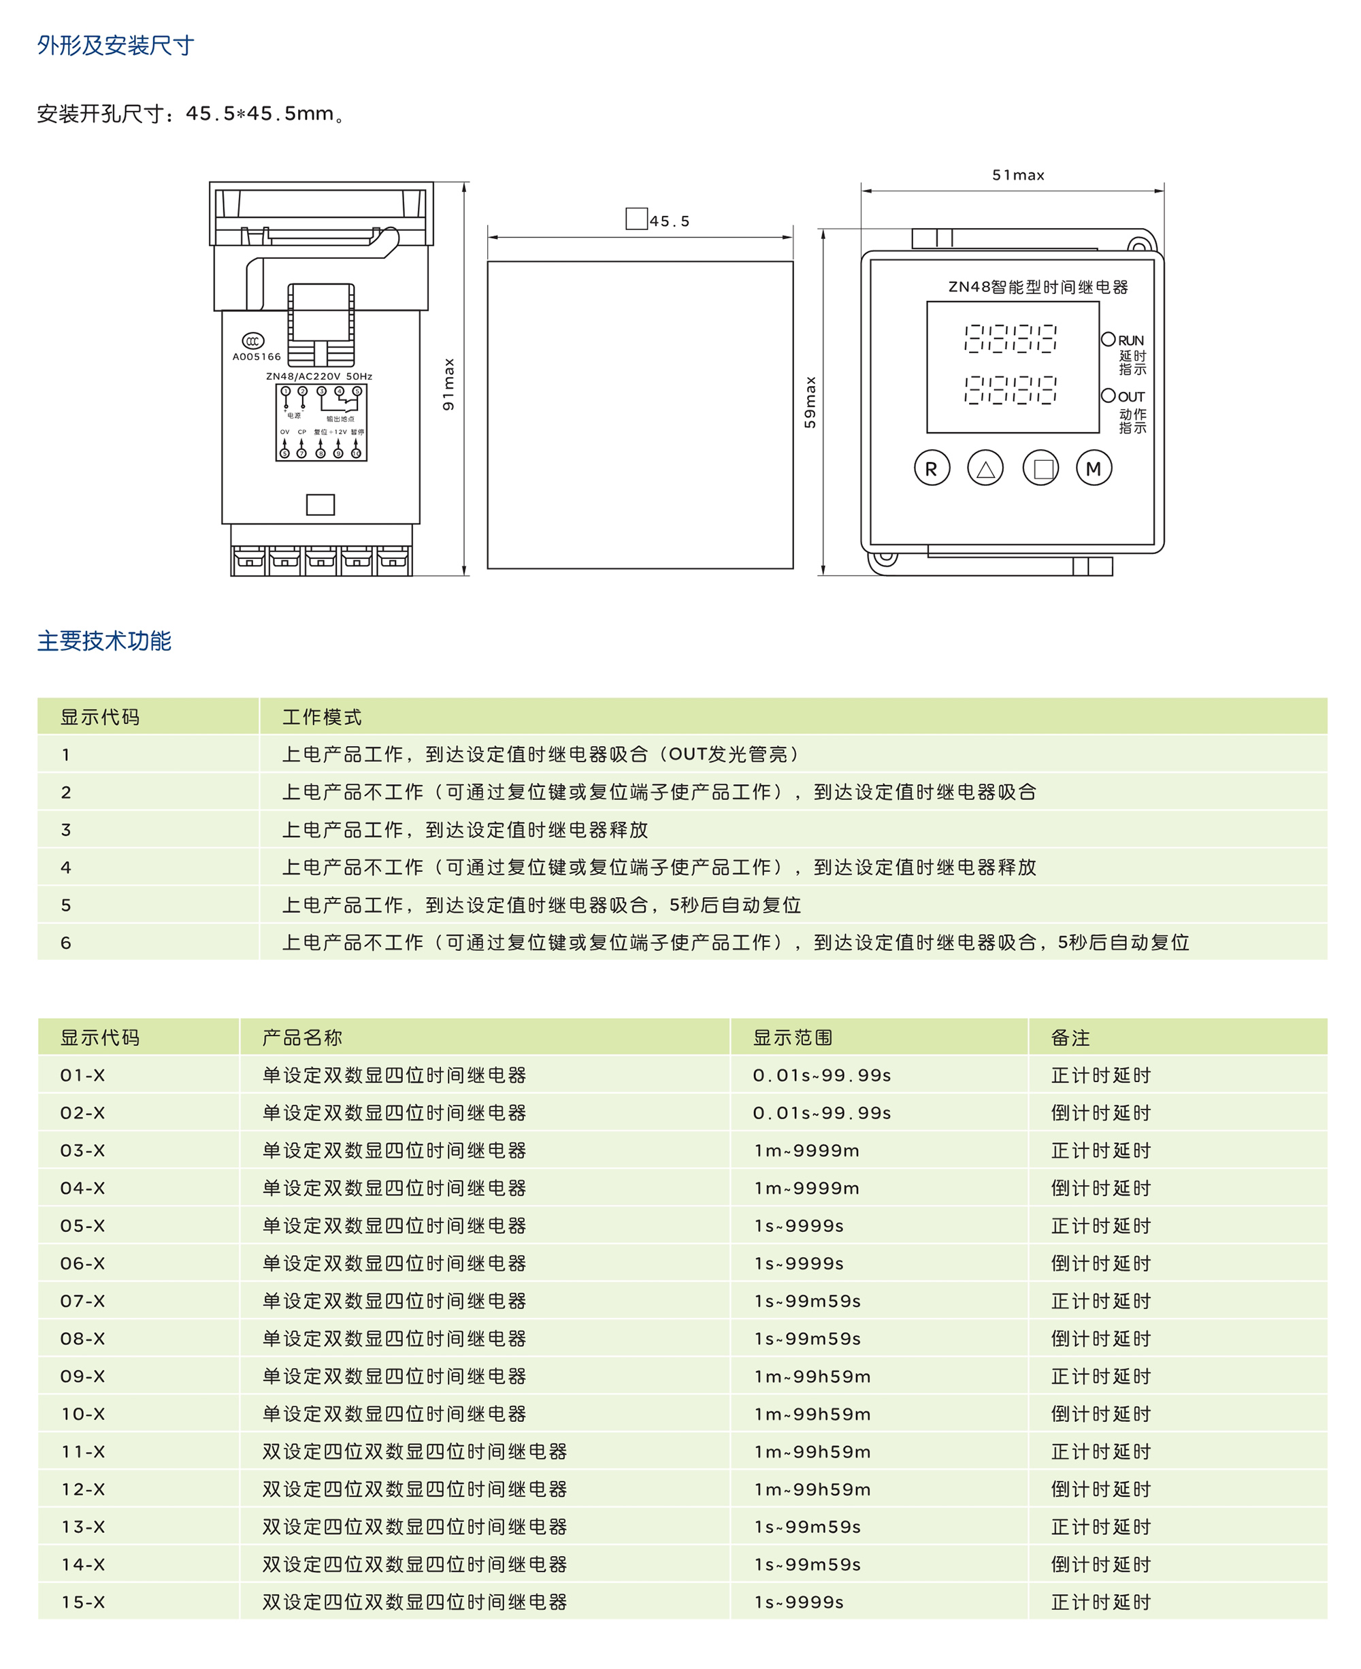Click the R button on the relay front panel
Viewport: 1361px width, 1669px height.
click(932, 468)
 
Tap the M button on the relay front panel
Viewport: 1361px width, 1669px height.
click(1094, 468)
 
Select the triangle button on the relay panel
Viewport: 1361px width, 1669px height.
click(985, 468)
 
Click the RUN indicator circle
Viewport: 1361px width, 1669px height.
click(1108, 340)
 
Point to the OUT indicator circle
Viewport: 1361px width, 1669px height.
click(1108, 395)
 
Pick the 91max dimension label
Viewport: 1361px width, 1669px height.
click(448, 385)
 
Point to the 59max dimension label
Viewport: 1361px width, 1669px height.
click(810, 402)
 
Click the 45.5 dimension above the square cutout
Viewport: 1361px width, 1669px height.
click(669, 221)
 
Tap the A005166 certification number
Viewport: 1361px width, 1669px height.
click(257, 357)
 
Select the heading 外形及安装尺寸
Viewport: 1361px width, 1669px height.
click(115, 46)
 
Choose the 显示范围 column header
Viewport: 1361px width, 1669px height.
click(793, 1037)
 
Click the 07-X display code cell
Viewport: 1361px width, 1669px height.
click(82, 1301)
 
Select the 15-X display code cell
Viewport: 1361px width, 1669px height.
click(82, 1602)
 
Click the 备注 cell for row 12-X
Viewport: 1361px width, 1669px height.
click(1101, 1489)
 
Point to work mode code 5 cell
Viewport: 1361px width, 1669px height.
click(66, 905)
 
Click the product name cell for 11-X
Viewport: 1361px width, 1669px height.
click(414, 1452)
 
